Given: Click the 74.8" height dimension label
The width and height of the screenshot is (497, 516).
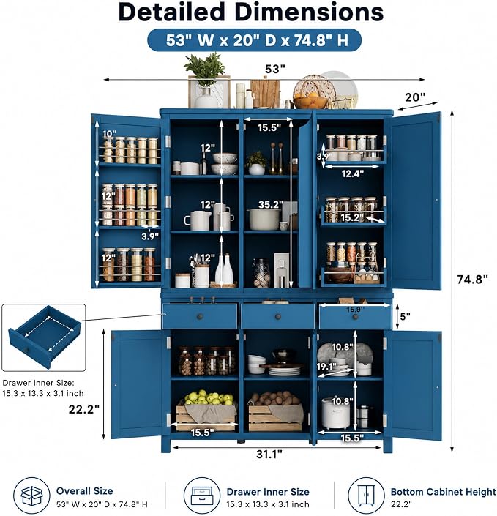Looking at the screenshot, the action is pyautogui.click(x=472, y=280).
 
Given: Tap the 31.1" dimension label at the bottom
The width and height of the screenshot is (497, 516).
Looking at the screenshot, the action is pyautogui.click(x=269, y=454).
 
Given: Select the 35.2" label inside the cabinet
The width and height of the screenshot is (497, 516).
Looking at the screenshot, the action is pyautogui.click(x=271, y=204).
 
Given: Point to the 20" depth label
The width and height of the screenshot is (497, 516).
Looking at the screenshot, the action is pyautogui.click(x=415, y=97).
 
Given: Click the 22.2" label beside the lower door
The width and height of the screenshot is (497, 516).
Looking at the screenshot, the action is pyautogui.click(x=84, y=409).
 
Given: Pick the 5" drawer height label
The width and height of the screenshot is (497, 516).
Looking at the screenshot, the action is pyautogui.click(x=406, y=316).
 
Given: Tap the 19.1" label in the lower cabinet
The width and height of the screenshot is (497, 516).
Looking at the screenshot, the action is pyautogui.click(x=326, y=366).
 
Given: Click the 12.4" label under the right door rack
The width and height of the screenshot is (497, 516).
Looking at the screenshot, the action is pyautogui.click(x=352, y=173).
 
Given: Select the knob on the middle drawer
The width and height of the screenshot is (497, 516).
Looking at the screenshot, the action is pyautogui.click(x=278, y=317).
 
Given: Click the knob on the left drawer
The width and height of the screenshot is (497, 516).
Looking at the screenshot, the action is pyautogui.click(x=200, y=317).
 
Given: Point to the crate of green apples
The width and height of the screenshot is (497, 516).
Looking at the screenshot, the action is pyautogui.click(x=206, y=411).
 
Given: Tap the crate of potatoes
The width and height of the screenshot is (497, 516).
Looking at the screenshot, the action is pyautogui.click(x=275, y=411).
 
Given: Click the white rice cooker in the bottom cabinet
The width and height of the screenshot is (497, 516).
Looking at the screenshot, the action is pyautogui.click(x=335, y=413).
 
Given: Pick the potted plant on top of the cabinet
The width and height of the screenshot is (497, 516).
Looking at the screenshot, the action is pyautogui.click(x=206, y=81).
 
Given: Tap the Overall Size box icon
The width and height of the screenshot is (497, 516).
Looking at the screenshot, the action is pyautogui.click(x=31, y=496).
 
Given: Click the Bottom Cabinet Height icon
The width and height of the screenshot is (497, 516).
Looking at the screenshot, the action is pyautogui.click(x=366, y=496).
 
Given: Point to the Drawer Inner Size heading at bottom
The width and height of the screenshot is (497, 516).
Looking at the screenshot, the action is pyautogui.click(x=268, y=492).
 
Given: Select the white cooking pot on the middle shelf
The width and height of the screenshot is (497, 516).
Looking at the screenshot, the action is pyautogui.click(x=264, y=219).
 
